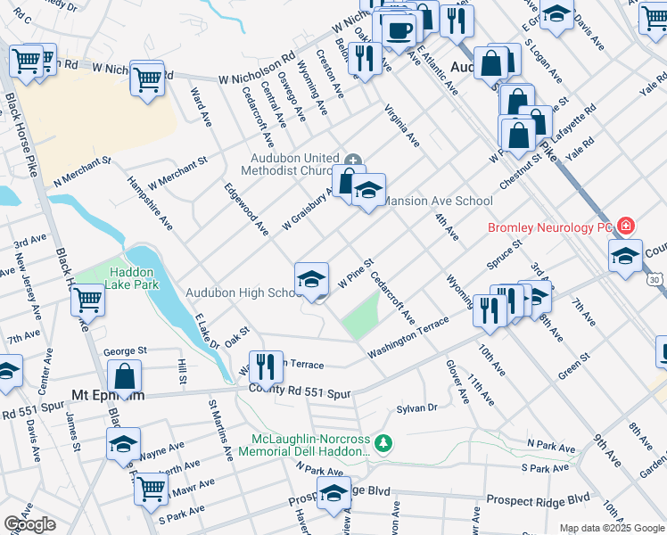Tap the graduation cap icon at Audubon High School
[311, 279]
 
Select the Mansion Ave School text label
[438, 202]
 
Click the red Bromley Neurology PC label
[548, 227]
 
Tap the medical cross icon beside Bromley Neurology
[626, 226]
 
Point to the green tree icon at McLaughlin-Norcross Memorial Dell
[383, 442]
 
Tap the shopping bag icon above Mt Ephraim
[127, 375]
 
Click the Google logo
[29, 524]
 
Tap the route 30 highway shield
[655, 280]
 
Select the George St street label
[125, 351]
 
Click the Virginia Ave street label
[402, 126]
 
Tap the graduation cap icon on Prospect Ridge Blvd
[333, 490]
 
